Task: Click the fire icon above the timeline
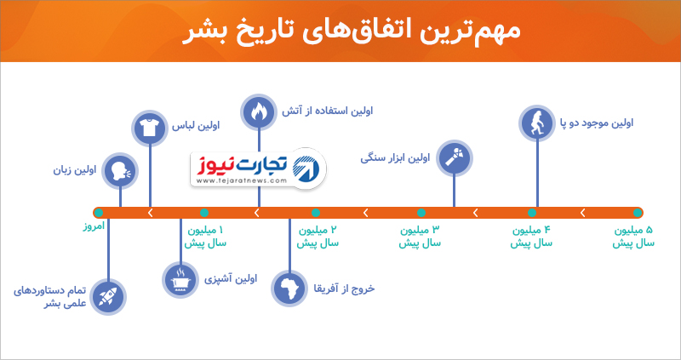tap(259, 112)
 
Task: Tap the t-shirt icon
tap(150, 128)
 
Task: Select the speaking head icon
tap(120, 170)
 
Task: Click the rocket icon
tap(108, 297)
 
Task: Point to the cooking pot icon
tap(180, 280)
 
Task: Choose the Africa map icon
tap(289, 289)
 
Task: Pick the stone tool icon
tap(454, 158)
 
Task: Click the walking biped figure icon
tap(537, 123)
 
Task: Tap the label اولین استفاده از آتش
tap(328, 111)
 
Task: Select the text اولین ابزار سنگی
tap(395, 158)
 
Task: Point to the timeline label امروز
tap(94, 226)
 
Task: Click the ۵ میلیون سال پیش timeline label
tap(633, 237)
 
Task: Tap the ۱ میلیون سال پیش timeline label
tap(205, 237)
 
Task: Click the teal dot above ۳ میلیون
tap(421, 213)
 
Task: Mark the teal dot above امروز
tap(99, 213)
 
